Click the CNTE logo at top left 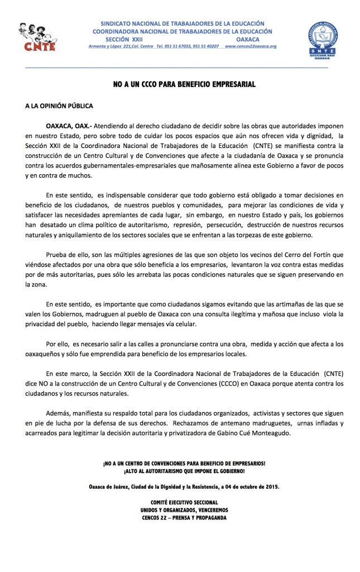(37, 37)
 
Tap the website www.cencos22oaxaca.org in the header (251, 46)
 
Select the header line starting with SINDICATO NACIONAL (183, 23)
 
